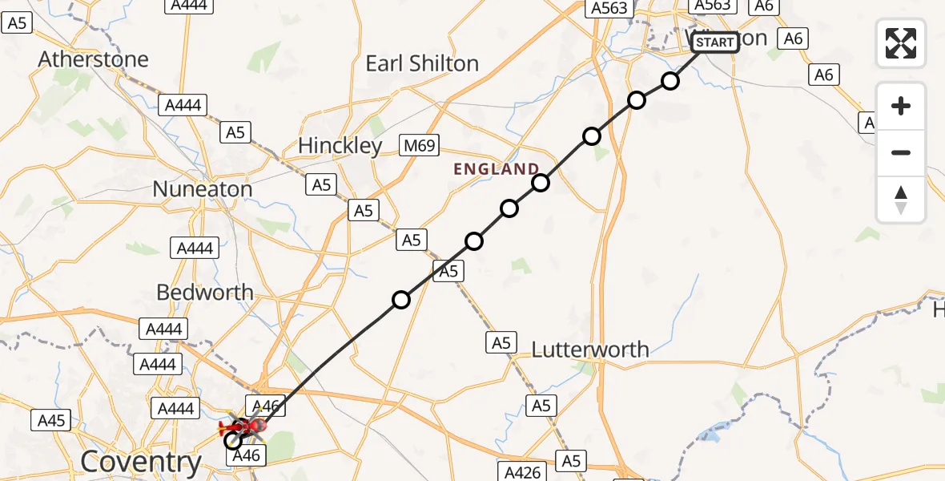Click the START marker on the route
(714, 42)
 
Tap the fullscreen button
(901, 42)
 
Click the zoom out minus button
(901, 152)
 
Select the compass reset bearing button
(901, 200)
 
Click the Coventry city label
(142, 462)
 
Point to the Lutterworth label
(590, 350)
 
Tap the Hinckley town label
(340, 146)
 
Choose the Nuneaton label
(202, 189)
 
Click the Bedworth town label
(204, 293)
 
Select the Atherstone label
(93, 59)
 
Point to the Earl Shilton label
(422, 64)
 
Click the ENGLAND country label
(497, 169)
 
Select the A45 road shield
(51, 419)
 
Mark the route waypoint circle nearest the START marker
(670, 81)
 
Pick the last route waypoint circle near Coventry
(233, 440)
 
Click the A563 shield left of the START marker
(609, 8)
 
